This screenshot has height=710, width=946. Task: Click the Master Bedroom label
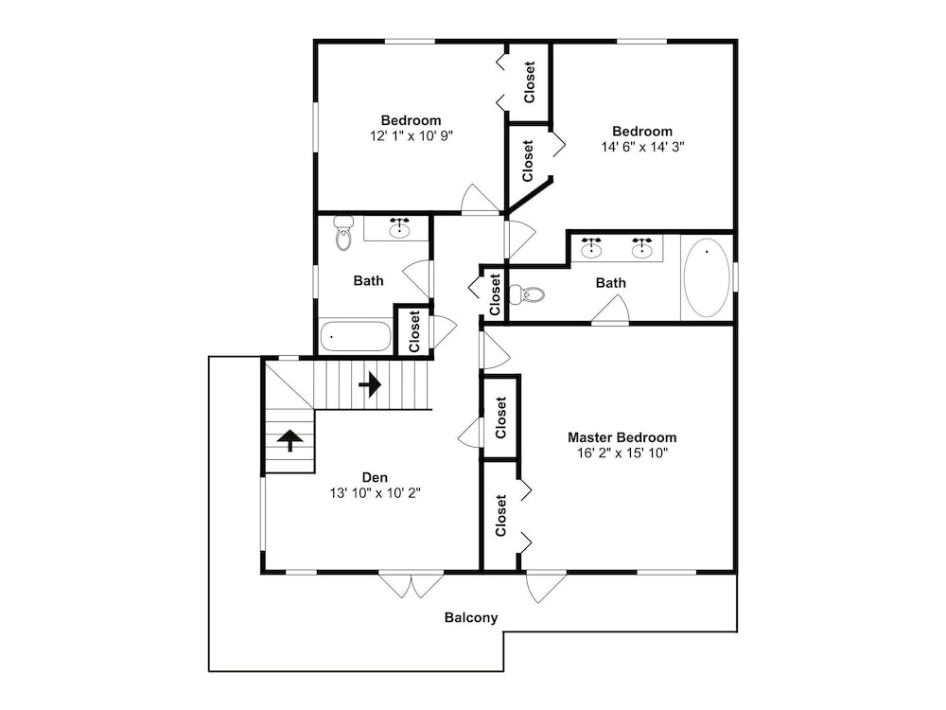622,437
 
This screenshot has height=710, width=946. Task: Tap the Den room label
375,477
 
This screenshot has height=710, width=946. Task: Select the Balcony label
471,617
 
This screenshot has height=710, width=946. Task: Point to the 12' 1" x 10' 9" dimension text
412,135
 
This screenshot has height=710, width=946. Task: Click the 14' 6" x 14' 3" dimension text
642,147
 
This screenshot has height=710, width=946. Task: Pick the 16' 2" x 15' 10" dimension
622,453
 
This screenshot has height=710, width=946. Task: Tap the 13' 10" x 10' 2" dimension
375,493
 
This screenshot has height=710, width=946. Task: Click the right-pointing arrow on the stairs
370,383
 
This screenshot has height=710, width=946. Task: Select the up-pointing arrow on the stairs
290,441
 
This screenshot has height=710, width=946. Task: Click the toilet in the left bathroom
342,233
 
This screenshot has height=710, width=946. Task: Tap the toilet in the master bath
527,294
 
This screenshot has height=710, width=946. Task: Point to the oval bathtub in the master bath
706,277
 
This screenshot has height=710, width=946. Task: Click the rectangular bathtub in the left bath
356,336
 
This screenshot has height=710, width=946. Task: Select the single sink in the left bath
399,228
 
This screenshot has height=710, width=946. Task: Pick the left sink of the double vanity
591,248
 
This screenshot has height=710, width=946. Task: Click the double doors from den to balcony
412,584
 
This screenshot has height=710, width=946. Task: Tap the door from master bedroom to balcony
546,586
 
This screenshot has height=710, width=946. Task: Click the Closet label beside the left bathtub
414,331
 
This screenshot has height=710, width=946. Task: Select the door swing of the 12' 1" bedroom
481,199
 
